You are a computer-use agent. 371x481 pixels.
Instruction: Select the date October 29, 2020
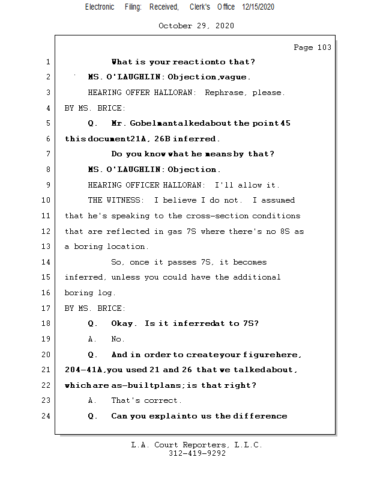[196, 26]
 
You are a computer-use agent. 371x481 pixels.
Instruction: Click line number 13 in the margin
[47, 247]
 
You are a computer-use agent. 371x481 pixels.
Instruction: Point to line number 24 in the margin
[47, 415]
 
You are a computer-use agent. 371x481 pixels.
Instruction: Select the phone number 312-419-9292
[197, 454]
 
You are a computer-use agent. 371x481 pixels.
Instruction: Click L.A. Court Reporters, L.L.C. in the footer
[197, 445]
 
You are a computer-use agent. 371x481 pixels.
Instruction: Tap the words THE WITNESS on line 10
[116, 200]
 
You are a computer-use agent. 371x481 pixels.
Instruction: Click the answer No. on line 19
[118, 339]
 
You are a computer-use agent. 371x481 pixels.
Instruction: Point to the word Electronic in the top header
[100, 7]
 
